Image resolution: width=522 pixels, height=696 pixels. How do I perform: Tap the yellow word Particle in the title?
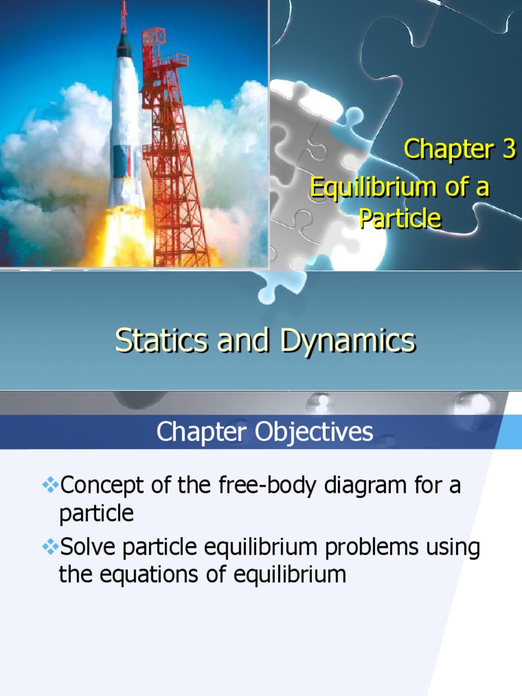400,219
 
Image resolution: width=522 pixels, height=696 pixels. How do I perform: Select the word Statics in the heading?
160,341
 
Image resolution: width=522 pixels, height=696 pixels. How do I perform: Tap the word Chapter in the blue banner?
198,432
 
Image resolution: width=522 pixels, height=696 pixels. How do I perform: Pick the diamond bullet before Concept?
51,485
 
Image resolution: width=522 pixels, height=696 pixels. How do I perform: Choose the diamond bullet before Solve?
51,546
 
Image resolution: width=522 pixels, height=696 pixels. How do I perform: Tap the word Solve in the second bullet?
86,548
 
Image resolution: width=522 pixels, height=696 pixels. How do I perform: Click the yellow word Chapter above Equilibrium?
449,149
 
